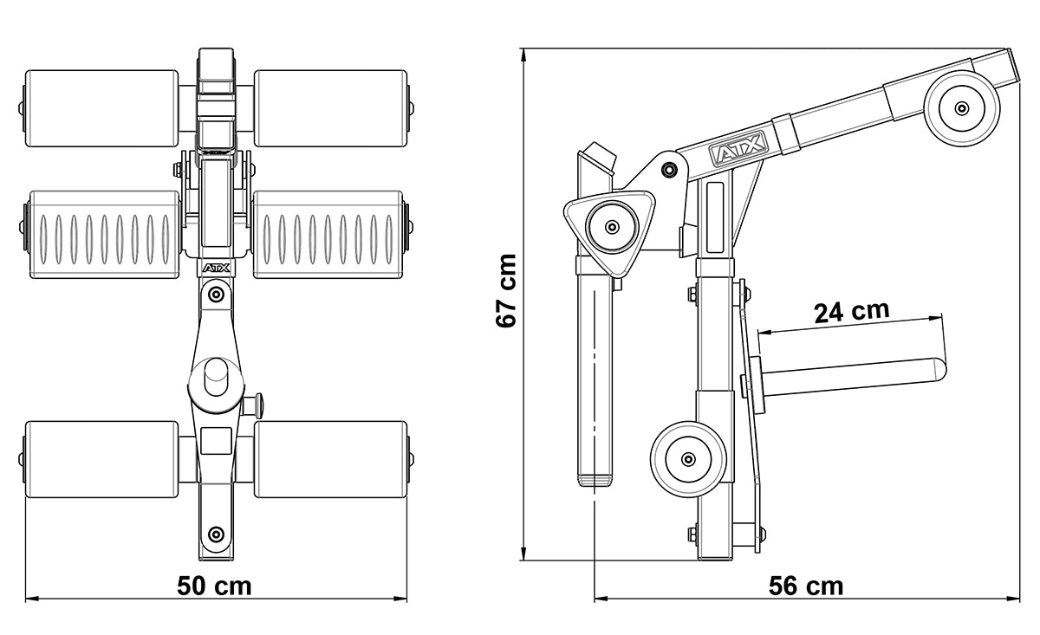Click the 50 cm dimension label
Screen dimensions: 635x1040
214,586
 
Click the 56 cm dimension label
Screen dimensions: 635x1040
805,586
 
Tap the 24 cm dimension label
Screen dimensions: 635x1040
851,311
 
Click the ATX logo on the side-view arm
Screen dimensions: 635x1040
738,154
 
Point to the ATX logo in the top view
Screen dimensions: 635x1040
216,269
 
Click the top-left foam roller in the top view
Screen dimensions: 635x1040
101,108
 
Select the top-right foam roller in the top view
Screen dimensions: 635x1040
330,108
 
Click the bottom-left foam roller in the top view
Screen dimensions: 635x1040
101,459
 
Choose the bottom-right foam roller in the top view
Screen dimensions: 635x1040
330,459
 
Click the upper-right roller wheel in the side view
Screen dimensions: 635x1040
962,108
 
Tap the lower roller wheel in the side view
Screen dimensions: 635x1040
688,458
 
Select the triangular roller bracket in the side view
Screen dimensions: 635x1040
611,227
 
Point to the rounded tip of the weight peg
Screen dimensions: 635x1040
938,371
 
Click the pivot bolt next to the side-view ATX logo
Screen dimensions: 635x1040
668,170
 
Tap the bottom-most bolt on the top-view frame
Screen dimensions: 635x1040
216,533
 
